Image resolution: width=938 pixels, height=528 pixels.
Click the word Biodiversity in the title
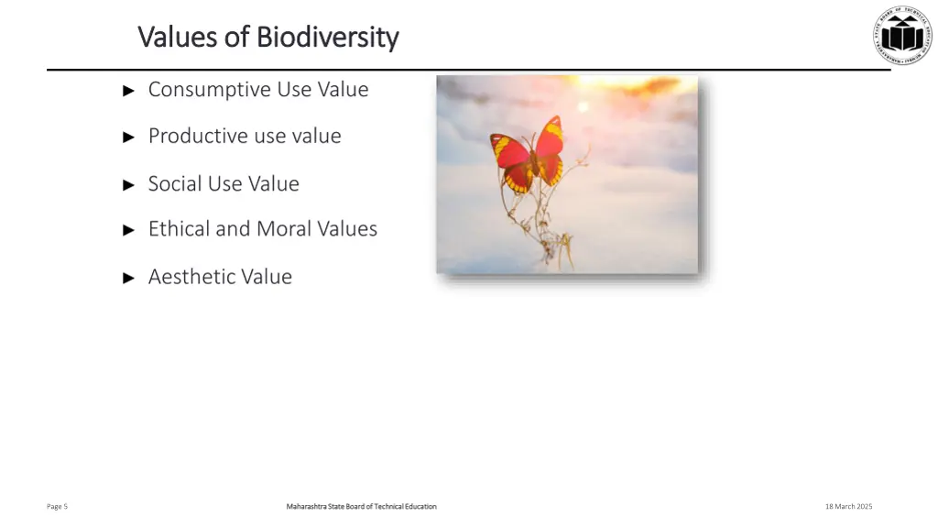coord(327,38)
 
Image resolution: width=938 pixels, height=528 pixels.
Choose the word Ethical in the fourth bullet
coord(179,229)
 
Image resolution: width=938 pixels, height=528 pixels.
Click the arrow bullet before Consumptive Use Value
coord(129,91)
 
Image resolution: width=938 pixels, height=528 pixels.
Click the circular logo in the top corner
coord(901,35)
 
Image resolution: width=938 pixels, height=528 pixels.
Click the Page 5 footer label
coord(57,506)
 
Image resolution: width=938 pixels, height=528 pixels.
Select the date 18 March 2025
coord(848,506)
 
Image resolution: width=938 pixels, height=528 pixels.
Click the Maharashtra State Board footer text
coord(361,506)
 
